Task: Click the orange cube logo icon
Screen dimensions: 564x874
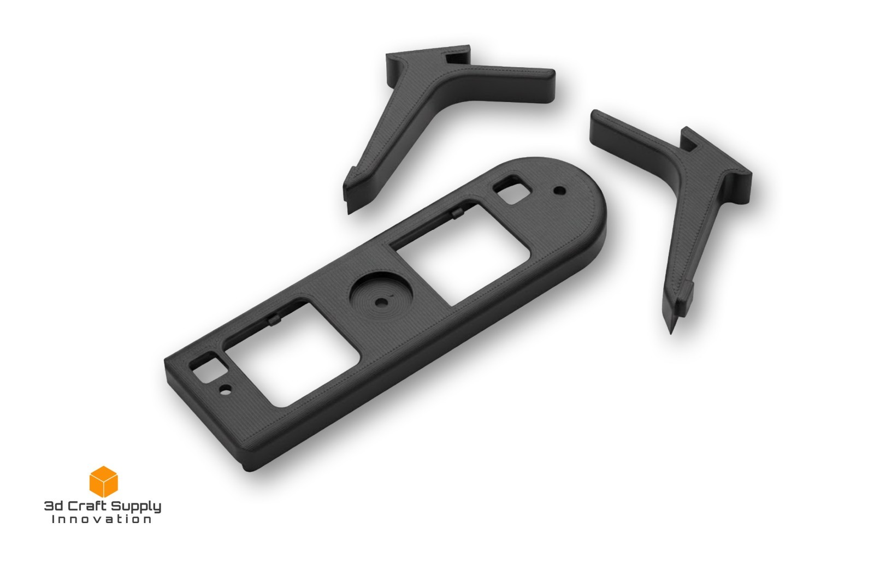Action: point(103,482)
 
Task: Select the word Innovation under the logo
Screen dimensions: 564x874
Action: point(102,519)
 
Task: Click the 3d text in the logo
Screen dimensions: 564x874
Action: point(53,506)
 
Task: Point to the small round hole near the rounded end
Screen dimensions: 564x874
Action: point(560,191)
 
